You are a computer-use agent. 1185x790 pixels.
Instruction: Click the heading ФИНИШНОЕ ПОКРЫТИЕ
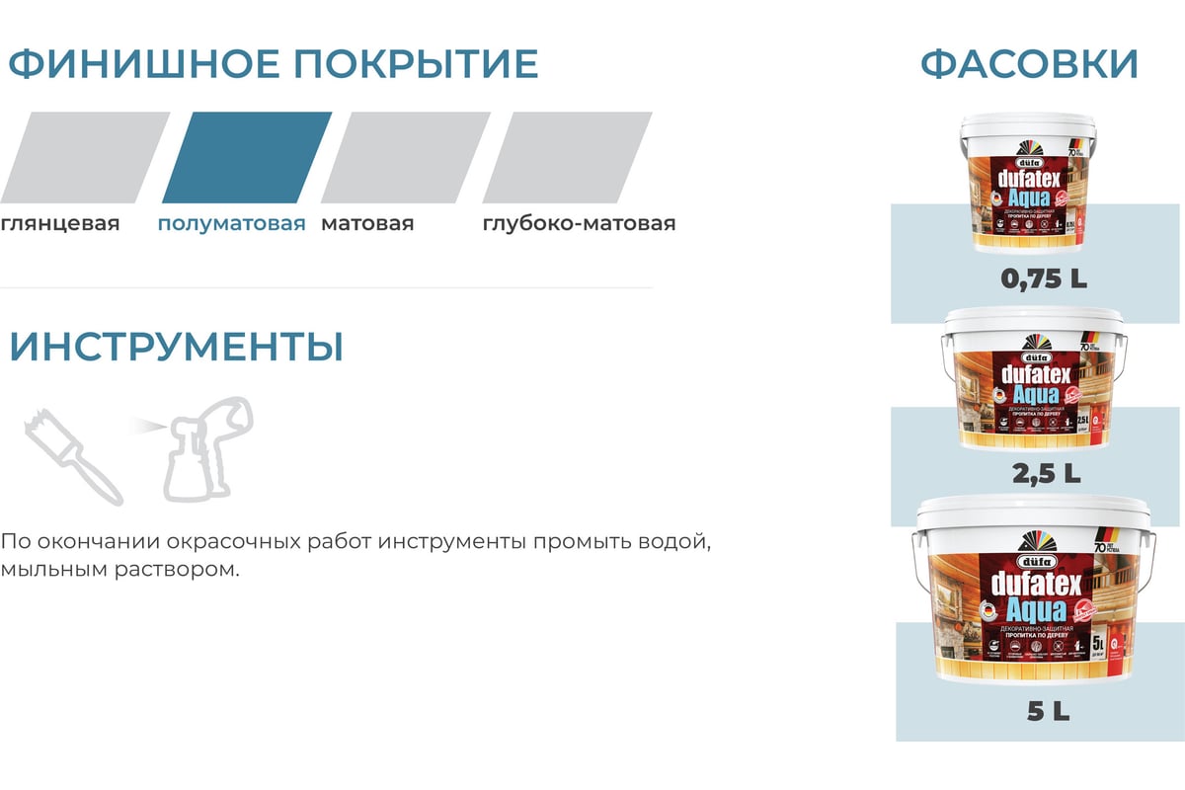pos(274,63)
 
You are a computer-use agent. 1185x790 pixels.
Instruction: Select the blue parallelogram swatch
pos(247,158)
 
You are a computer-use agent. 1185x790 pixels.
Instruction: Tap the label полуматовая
pos(231,223)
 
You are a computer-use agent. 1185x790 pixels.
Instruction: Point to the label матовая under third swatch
pos(367,223)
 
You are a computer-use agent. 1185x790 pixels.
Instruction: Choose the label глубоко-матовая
pos(579,223)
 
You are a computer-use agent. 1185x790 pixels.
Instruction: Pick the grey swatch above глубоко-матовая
pos(567,158)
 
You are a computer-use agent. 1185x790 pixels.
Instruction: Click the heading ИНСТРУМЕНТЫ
pos(177,348)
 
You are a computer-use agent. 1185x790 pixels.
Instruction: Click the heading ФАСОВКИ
pos(1029,63)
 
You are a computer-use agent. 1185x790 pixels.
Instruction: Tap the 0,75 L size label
pos(1044,279)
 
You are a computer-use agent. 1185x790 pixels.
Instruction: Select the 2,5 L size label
pos(1045,474)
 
